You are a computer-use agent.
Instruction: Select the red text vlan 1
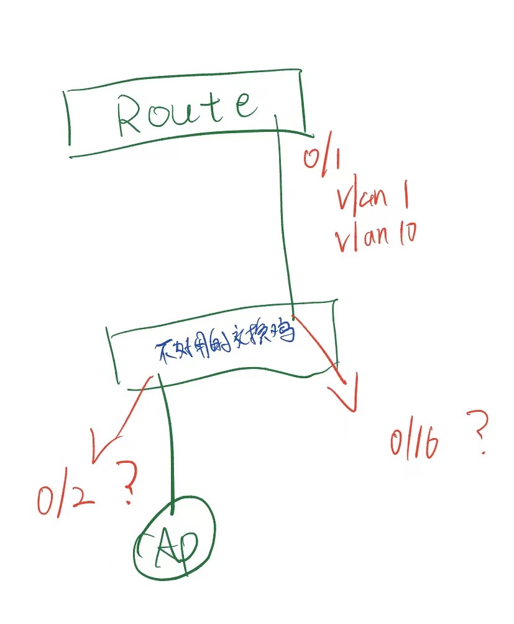(x=372, y=199)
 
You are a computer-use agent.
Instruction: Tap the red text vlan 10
(x=375, y=236)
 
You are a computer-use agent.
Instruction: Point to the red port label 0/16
(x=415, y=442)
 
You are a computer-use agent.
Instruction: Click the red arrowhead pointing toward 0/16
(x=345, y=398)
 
